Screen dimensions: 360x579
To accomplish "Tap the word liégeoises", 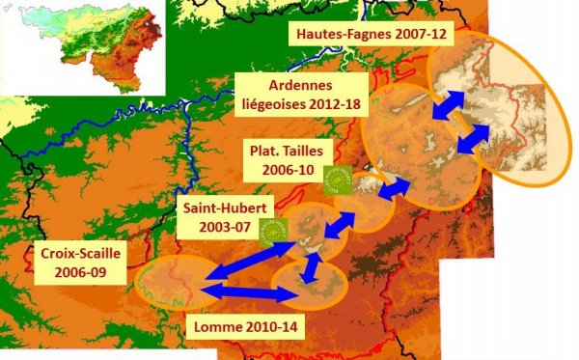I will (x=271, y=103).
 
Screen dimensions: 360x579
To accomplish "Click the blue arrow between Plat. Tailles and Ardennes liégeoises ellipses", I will (x=390, y=189).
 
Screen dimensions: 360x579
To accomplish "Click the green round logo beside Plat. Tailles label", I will (x=337, y=179).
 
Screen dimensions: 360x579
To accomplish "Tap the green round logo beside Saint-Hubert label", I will (x=274, y=230).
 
